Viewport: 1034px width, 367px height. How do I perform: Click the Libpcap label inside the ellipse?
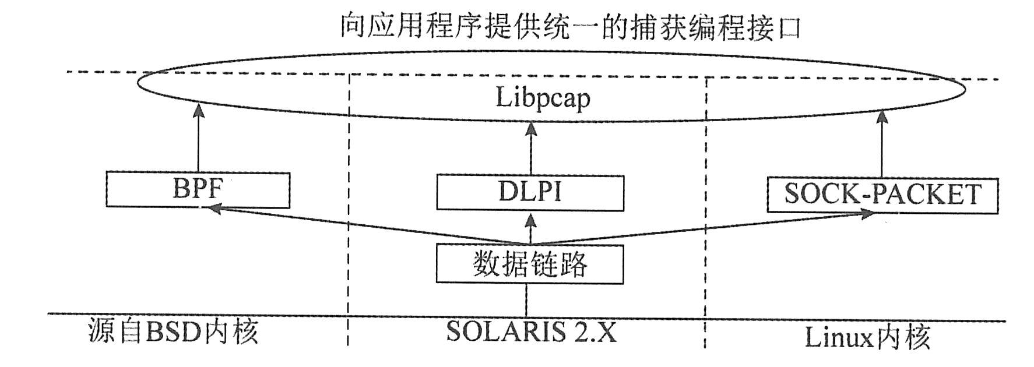(543, 98)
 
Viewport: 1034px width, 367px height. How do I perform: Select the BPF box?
(198, 190)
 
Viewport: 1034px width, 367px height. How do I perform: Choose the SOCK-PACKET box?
(882, 195)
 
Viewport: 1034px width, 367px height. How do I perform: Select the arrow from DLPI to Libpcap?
(530, 149)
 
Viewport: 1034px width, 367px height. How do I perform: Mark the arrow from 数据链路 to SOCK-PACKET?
(699, 228)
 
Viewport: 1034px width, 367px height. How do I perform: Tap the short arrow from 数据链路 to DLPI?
(530, 229)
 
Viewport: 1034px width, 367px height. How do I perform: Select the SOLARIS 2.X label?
(531, 332)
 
